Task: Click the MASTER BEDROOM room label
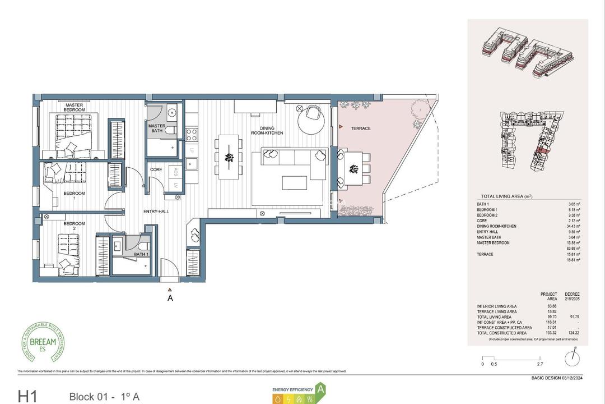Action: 75,108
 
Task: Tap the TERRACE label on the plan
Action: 361,128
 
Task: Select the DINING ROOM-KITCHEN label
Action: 267,130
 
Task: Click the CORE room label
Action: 156,169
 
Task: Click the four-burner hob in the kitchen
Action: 191,135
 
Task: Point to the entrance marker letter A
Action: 170,299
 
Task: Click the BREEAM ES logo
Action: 43,342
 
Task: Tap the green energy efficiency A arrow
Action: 321,388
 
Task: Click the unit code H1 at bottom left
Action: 27,397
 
